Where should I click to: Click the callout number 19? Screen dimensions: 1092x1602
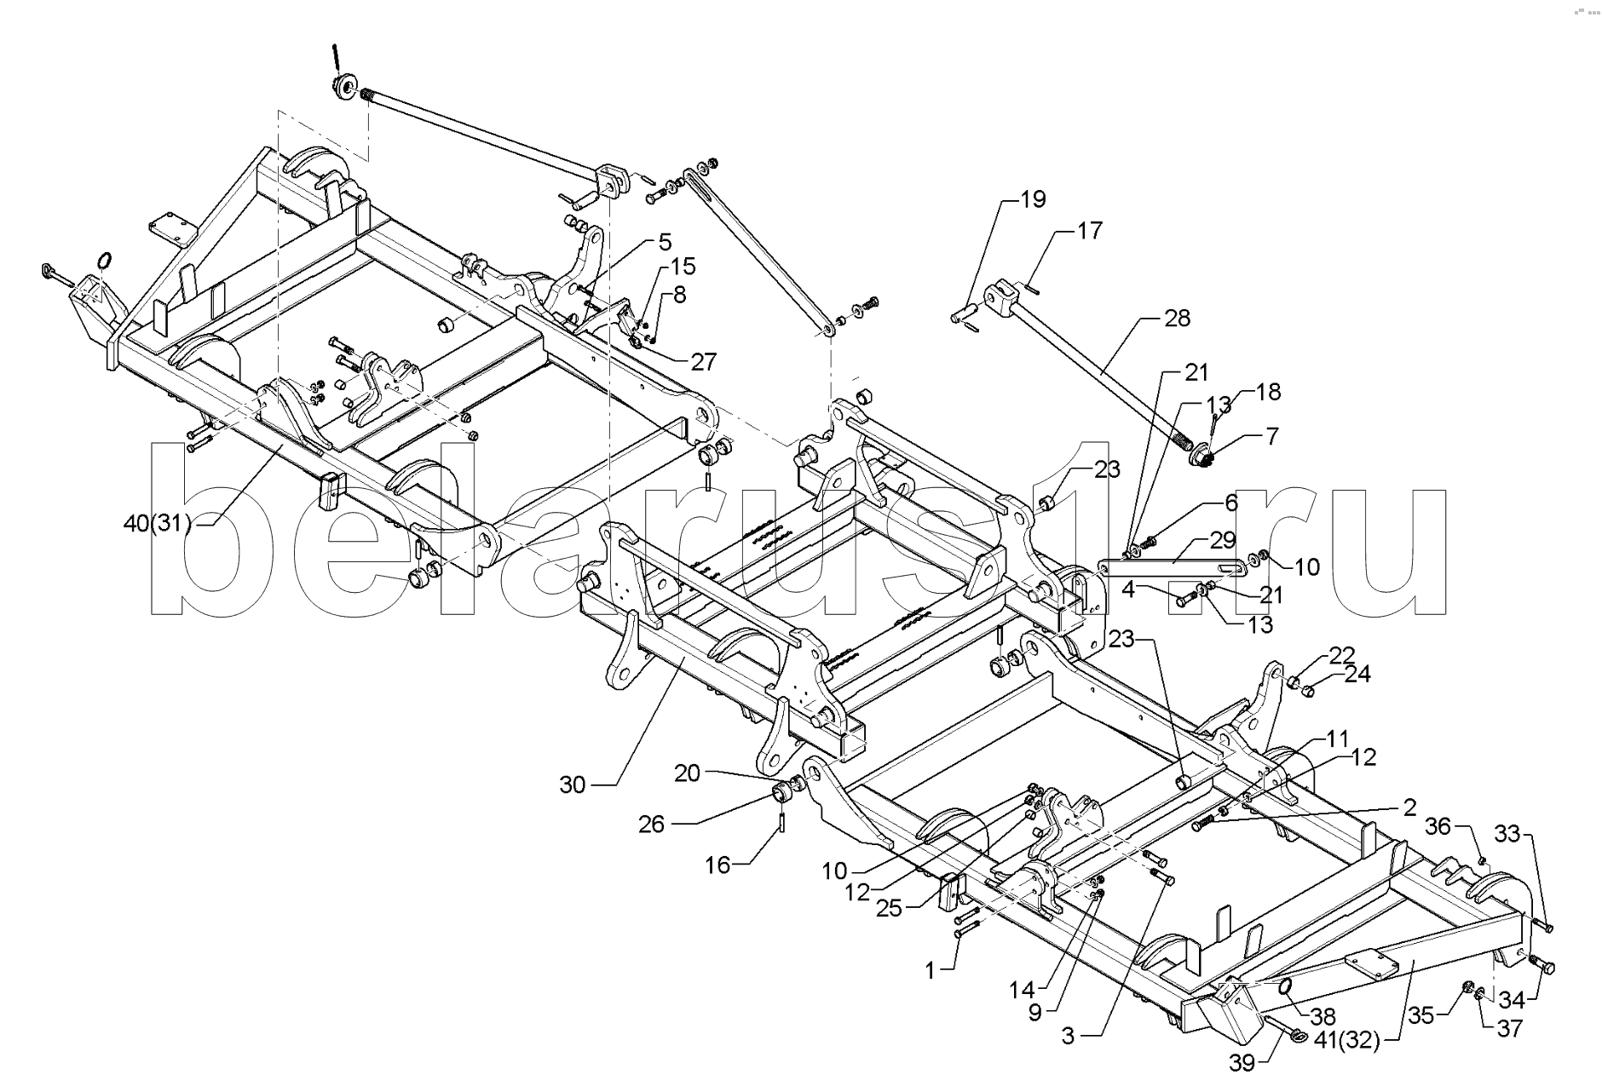pos(1033,199)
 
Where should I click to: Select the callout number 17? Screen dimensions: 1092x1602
pos(1089,231)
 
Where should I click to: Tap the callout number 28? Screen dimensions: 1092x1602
pos(1177,319)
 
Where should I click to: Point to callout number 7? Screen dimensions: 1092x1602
pos(1272,437)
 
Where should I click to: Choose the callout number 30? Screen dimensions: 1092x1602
pos(573,785)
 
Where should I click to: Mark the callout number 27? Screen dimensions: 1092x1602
pos(704,361)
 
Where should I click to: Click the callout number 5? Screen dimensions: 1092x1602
pos(665,242)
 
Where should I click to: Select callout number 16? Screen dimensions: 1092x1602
pos(717,865)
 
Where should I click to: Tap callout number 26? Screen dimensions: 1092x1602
pos(657,825)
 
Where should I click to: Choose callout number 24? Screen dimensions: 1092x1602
pos(1357,675)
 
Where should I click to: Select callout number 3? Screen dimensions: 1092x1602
pos(1068,1036)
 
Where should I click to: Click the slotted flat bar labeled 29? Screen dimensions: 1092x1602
pos(1167,566)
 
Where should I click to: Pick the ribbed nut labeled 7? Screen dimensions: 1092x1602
pos(1201,457)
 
